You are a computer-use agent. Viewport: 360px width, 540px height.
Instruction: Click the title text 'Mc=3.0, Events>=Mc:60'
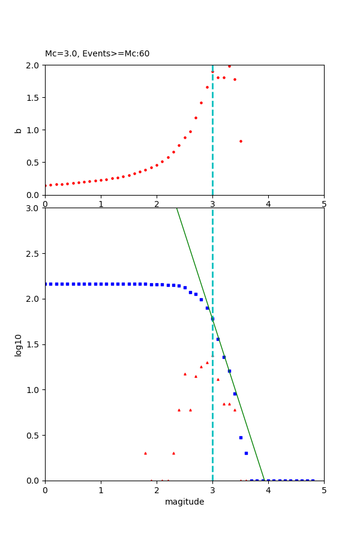[97, 54]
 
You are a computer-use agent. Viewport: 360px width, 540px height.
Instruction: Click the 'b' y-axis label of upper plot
[18, 130]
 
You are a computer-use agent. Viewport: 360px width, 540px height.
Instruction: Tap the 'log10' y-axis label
[18, 345]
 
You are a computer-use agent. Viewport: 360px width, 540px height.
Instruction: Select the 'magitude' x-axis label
[184, 502]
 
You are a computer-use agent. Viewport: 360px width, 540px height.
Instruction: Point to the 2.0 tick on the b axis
[34, 65]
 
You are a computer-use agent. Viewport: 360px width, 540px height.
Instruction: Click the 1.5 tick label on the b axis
[34, 97]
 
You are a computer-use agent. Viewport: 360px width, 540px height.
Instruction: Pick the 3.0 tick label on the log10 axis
[34, 208]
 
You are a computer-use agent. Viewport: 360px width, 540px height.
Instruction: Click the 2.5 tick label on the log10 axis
[34, 254]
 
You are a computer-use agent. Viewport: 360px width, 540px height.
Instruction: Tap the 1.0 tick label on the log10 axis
[34, 390]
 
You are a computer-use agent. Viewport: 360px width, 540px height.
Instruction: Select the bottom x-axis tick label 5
[324, 490]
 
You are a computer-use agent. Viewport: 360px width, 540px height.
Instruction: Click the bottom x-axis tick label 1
[101, 490]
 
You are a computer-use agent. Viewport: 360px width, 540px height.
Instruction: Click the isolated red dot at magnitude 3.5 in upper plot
[241, 141]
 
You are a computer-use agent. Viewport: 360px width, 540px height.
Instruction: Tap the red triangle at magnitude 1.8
[145, 453]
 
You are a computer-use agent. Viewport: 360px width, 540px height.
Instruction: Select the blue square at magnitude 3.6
[246, 453]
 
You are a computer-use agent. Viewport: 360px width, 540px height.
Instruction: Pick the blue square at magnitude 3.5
[241, 437]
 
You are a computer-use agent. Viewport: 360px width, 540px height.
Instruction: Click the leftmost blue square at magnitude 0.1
[50, 284]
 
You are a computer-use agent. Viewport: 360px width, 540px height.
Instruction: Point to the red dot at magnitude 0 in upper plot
[46, 185]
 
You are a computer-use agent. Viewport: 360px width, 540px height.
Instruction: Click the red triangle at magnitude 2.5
[185, 374]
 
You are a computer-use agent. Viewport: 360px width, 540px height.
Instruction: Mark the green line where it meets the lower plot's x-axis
[265, 480]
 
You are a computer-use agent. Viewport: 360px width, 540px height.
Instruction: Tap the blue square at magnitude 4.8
[313, 480]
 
